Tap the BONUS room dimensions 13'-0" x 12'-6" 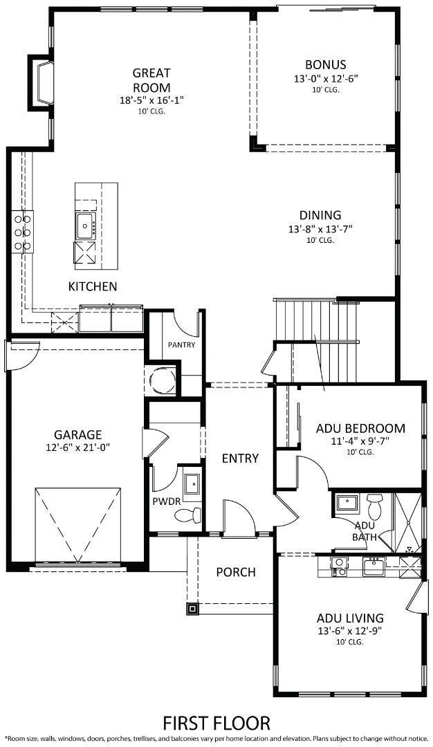(x=325, y=80)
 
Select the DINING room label (x=320, y=215)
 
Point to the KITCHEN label (x=92, y=286)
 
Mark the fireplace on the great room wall (x=42, y=82)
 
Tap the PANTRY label (x=181, y=344)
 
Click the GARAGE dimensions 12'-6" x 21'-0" (x=77, y=448)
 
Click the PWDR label (x=162, y=501)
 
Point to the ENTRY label (x=240, y=458)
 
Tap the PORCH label (x=235, y=572)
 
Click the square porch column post (x=192, y=609)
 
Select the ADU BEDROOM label (x=360, y=428)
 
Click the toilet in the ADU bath (x=375, y=506)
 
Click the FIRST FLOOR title (x=217, y=723)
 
